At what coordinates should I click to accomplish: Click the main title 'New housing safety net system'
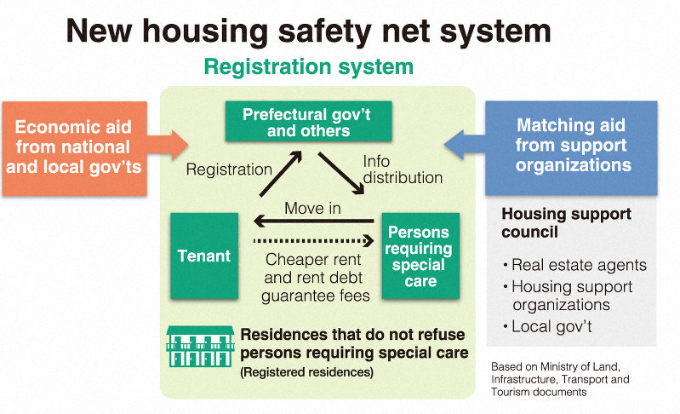click(x=309, y=32)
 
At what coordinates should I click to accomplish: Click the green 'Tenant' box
click(x=203, y=256)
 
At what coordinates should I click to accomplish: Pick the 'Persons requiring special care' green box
click(x=420, y=256)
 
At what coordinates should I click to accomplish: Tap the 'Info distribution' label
click(x=402, y=169)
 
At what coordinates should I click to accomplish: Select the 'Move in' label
click(x=312, y=209)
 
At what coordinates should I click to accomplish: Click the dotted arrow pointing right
click(x=312, y=241)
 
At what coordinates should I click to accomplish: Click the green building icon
click(x=200, y=346)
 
